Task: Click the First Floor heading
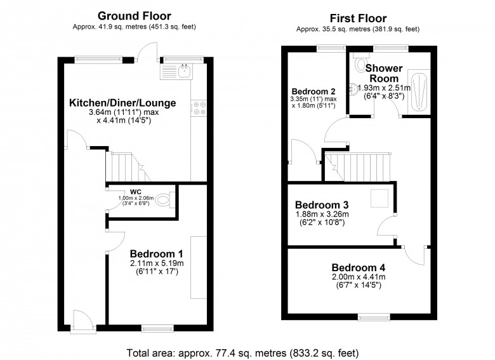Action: point(358,18)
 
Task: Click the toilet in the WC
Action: point(164,201)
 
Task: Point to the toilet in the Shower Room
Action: point(361,63)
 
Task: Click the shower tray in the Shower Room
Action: point(418,90)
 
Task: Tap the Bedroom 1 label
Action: point(155,252)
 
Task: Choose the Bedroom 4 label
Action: point(358,267)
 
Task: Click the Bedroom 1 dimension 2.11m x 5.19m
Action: point(155,263)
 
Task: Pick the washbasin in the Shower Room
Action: point(353,88)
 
